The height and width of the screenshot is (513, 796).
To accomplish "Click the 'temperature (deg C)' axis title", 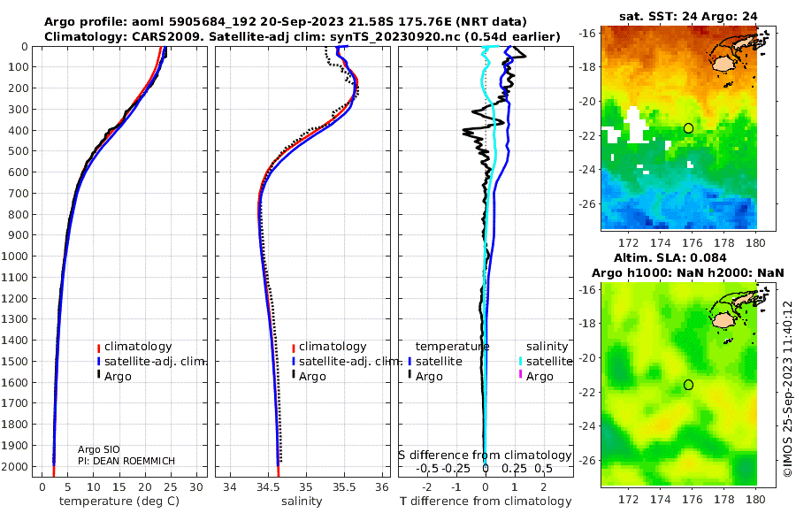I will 120,502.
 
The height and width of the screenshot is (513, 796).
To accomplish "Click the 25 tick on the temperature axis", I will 171,486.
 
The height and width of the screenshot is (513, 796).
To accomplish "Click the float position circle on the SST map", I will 689,128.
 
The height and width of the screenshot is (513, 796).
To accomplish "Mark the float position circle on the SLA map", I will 689,385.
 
